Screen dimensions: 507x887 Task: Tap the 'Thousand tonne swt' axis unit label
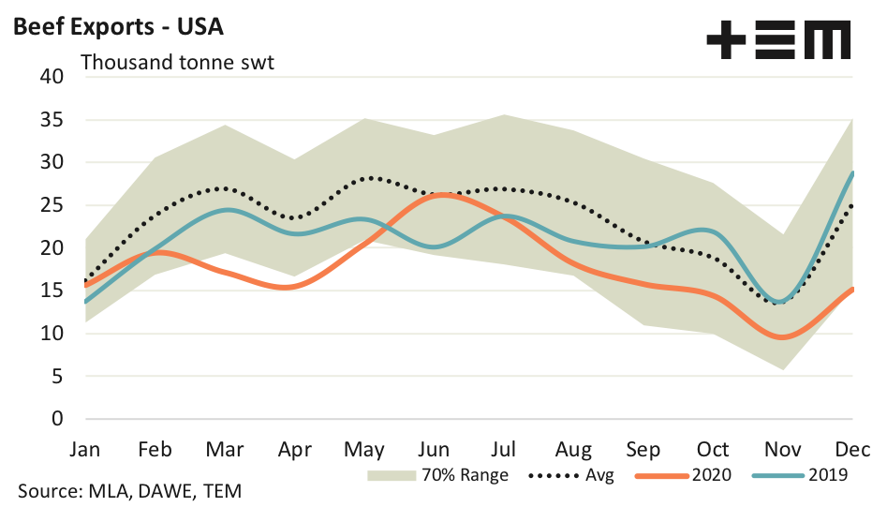[178, 64]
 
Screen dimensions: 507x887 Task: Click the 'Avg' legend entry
[598, 475]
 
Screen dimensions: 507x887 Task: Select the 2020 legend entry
[712, 475]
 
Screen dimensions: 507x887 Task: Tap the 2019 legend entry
[825, 475]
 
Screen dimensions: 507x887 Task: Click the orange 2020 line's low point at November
[783, 337]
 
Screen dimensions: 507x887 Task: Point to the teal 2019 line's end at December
[852, 172]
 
